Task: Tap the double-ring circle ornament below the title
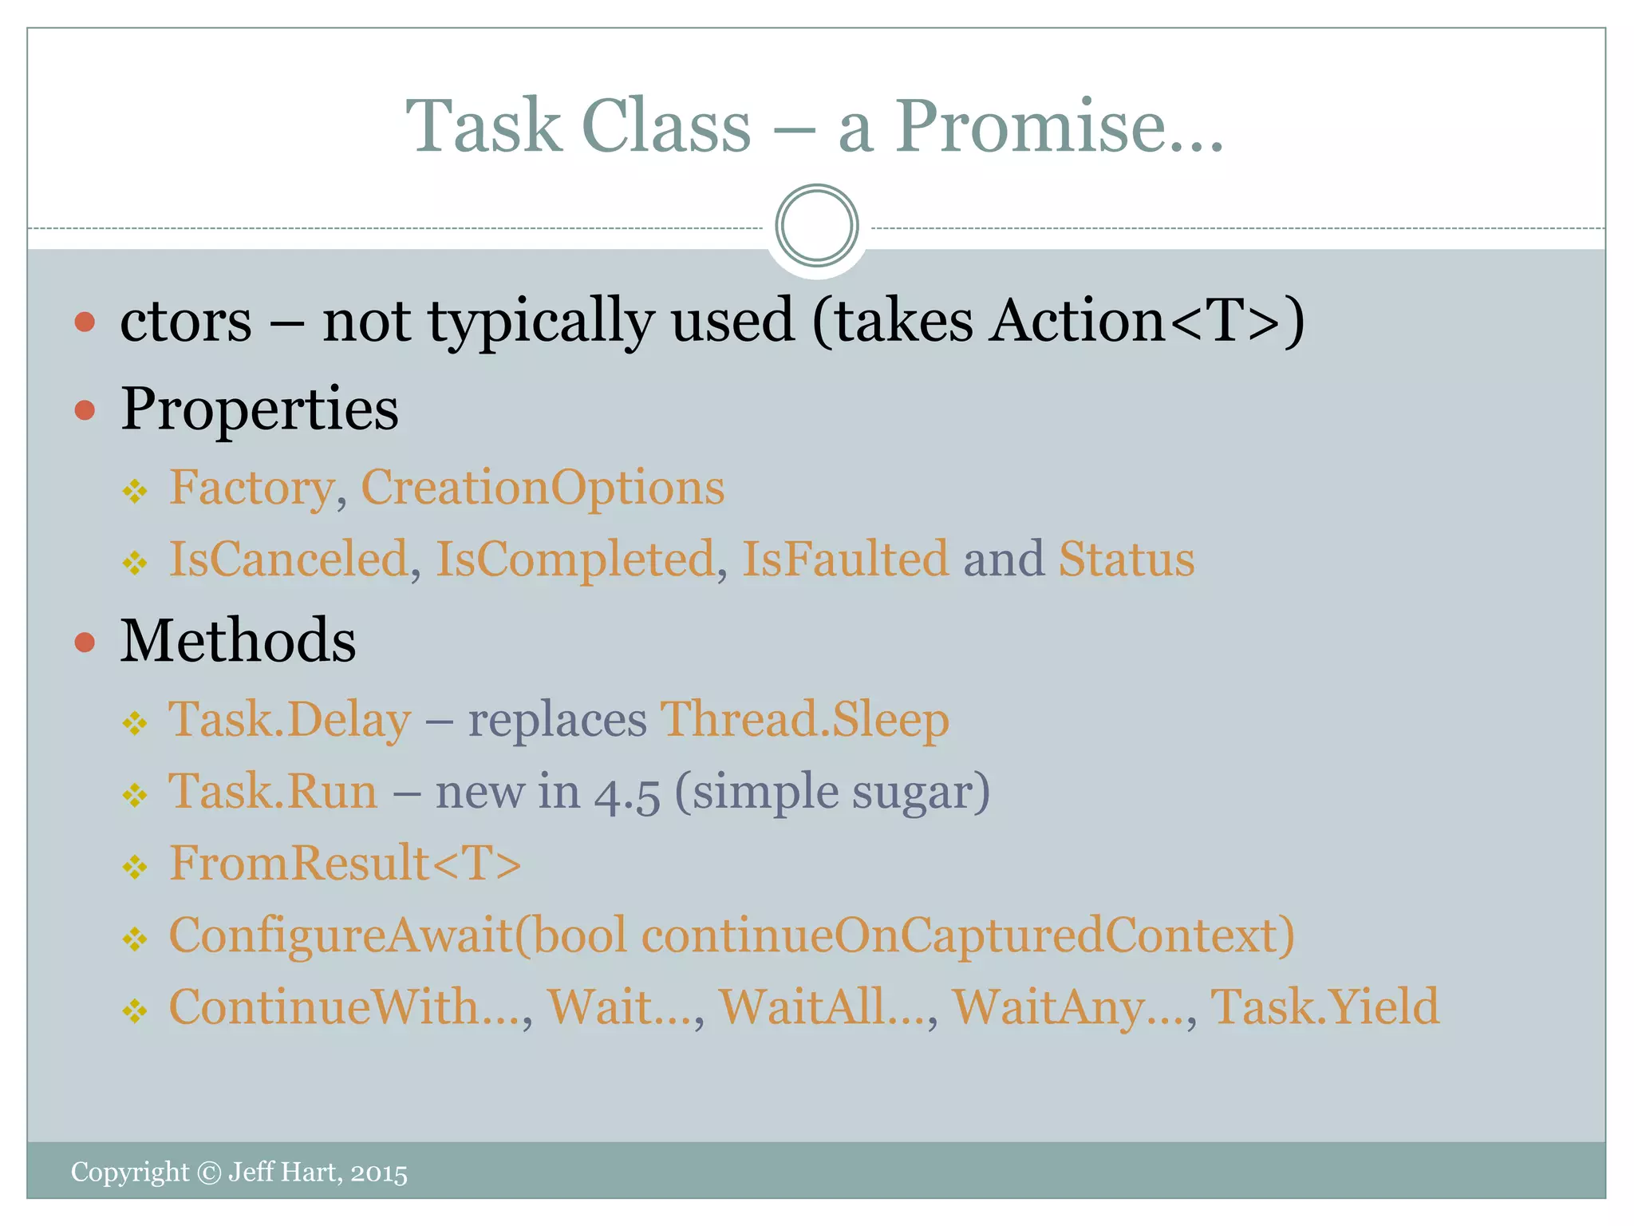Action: click(816, 226)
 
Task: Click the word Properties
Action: click(259, 409)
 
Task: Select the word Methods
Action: click(238, 641)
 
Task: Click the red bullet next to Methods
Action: click(85, 643)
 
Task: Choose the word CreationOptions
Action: click(543, 487)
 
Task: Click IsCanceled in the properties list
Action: click(289, 559)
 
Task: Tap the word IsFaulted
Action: click(845, 559)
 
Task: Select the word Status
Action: click(1126, 559)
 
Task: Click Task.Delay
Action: click(290, 720)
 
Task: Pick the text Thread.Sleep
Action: click(804, 720)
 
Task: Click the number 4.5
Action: click(627, 793)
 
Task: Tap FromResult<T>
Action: click(345, 864)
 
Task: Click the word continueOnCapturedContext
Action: click(967, 935)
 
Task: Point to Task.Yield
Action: click(1324, 1007)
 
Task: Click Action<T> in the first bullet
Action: click(1134, 320)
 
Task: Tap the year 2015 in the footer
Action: click(379, 1173)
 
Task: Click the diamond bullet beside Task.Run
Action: click(135, 795)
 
